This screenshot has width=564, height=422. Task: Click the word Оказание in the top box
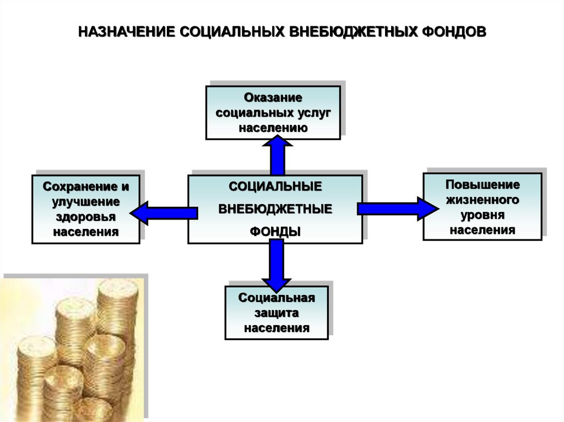[273, 98]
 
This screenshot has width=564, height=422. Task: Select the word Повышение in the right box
[482, 184]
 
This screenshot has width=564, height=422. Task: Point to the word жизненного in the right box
[482, 199]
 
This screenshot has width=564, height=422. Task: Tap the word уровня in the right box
[482, 215]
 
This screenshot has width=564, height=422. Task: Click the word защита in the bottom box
[276, 313]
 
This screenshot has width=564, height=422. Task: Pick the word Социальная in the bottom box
[276, 298]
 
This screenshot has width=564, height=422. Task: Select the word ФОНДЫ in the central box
[275, 232]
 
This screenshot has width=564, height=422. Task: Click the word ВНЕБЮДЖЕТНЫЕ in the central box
[275, 210]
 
